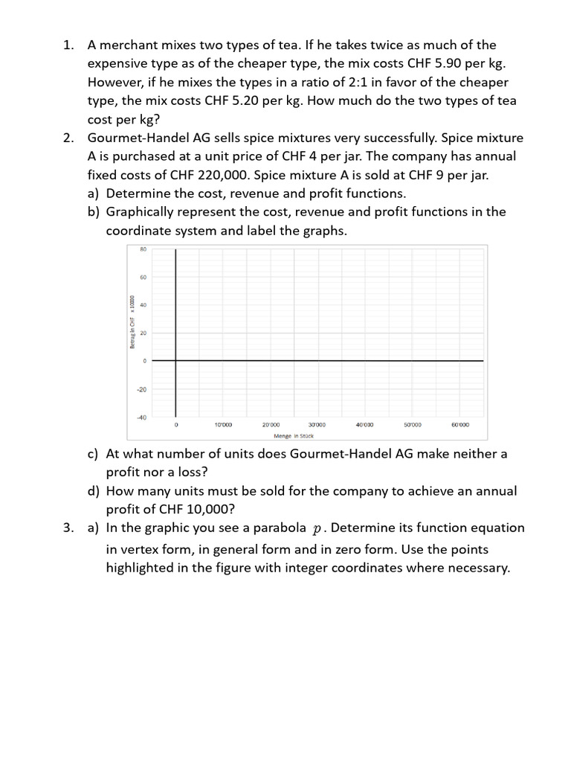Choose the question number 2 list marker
point(68,138)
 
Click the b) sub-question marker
point(94,211)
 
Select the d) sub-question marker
point(94,491)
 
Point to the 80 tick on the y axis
point(143,249)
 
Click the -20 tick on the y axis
point(142,389)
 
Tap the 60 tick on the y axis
point(143,278)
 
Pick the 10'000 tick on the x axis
point(223,425)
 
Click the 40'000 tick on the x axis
point(364,425)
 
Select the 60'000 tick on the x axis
point(459,425)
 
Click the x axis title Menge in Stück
point(294,436)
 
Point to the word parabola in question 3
point(277,528)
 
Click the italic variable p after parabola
point(318,529)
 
